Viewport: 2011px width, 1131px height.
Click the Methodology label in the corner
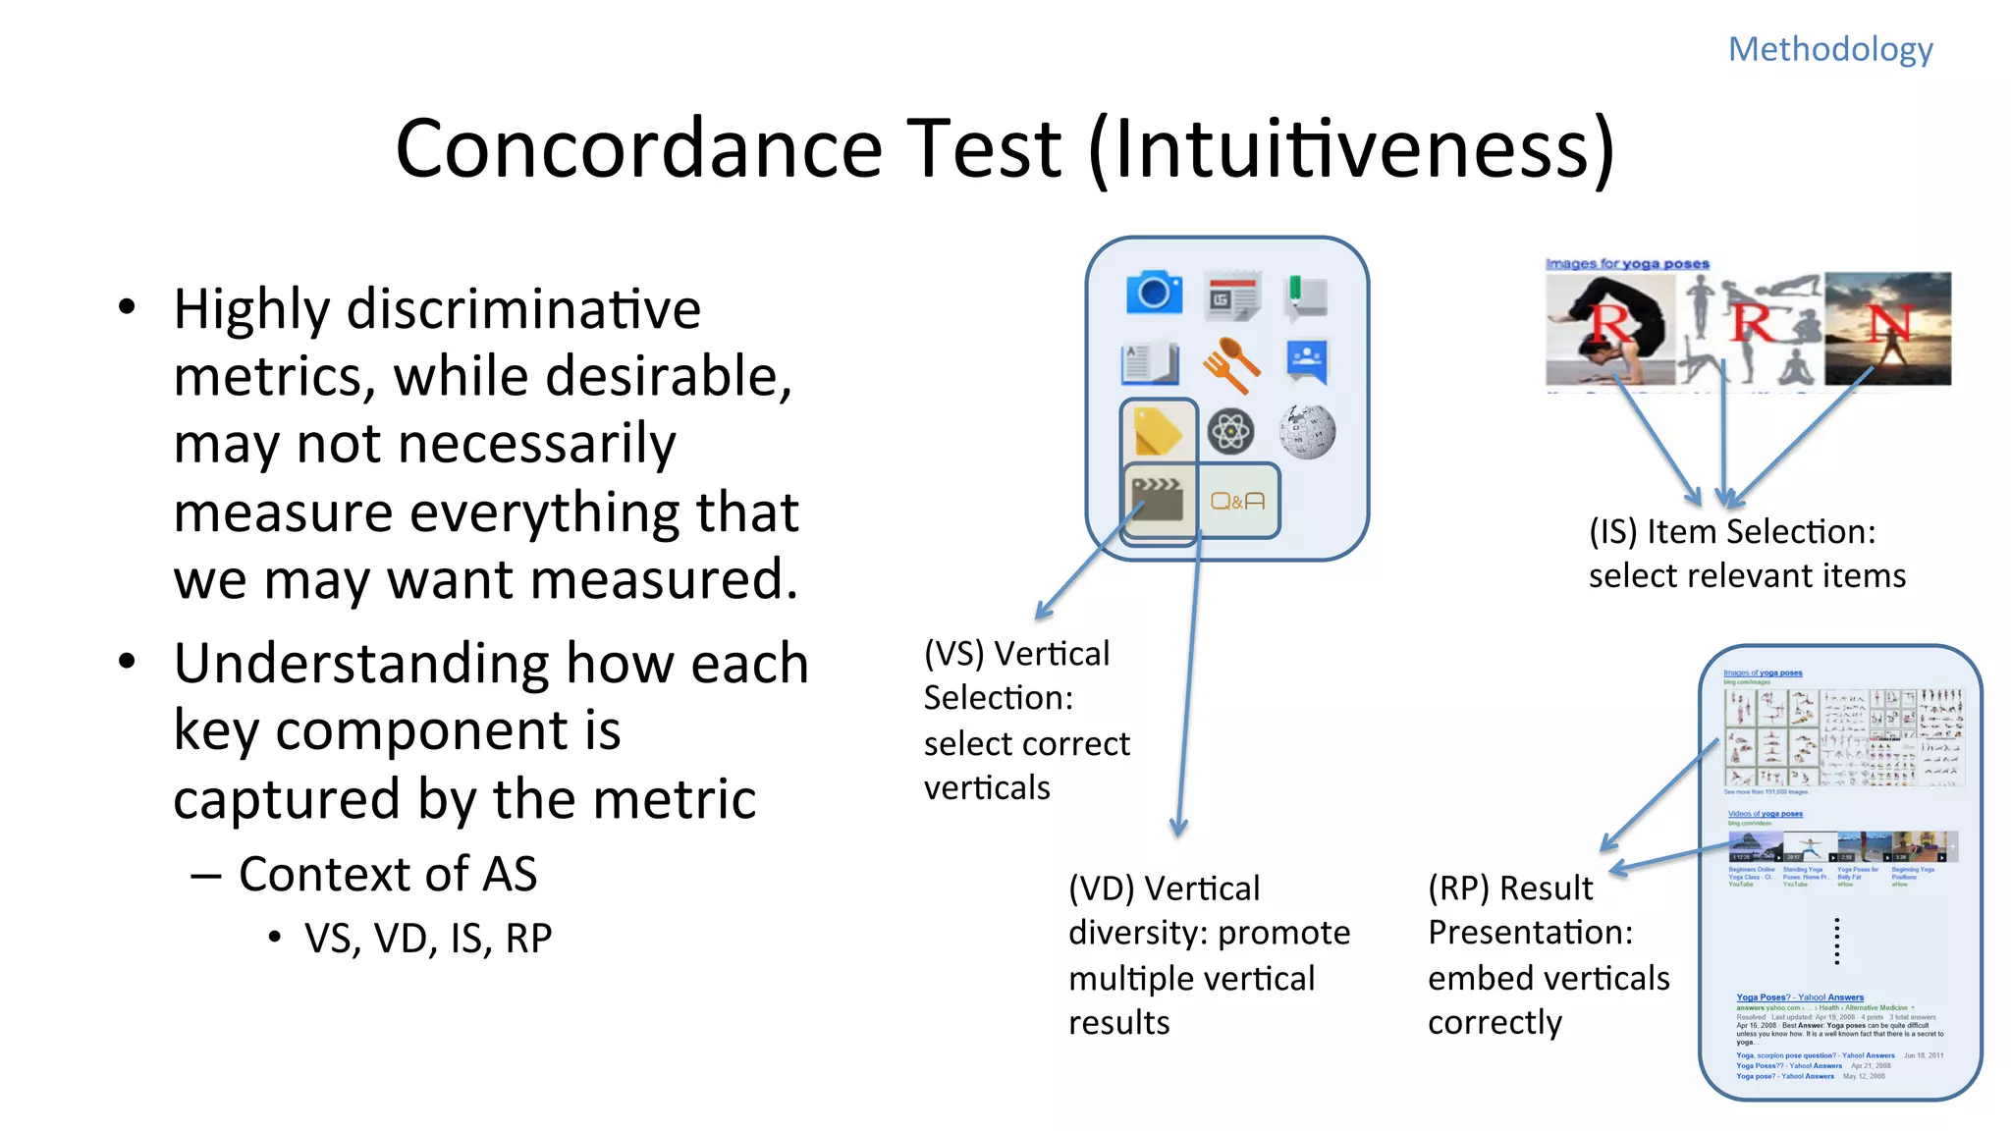coord(1829,49)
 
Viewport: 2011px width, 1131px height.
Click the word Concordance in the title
coord(638,149)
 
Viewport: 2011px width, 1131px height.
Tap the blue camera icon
coord(1153,293)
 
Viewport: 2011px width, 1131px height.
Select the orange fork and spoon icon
coord(1230,363)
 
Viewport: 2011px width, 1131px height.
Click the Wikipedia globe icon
coord(1307,432)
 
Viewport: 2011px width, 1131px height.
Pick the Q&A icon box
coord(1237,502)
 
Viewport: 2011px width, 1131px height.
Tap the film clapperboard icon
coord(1158,502)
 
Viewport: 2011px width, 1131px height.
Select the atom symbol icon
coord(1230,432)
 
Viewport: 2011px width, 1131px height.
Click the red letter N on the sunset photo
coord(1888,323)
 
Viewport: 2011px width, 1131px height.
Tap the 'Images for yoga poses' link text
coord(1627,264)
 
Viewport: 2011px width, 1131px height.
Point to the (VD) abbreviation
coord(1100,889)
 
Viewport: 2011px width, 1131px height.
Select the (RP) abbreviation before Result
coord(1458,889)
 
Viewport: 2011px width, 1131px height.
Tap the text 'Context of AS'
coord(388,874)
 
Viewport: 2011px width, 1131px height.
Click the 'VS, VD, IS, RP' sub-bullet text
coord(428,939)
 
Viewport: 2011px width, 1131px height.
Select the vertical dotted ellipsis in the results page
coord(1836,942)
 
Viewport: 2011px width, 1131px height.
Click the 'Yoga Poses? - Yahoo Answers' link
coord(1799,997)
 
